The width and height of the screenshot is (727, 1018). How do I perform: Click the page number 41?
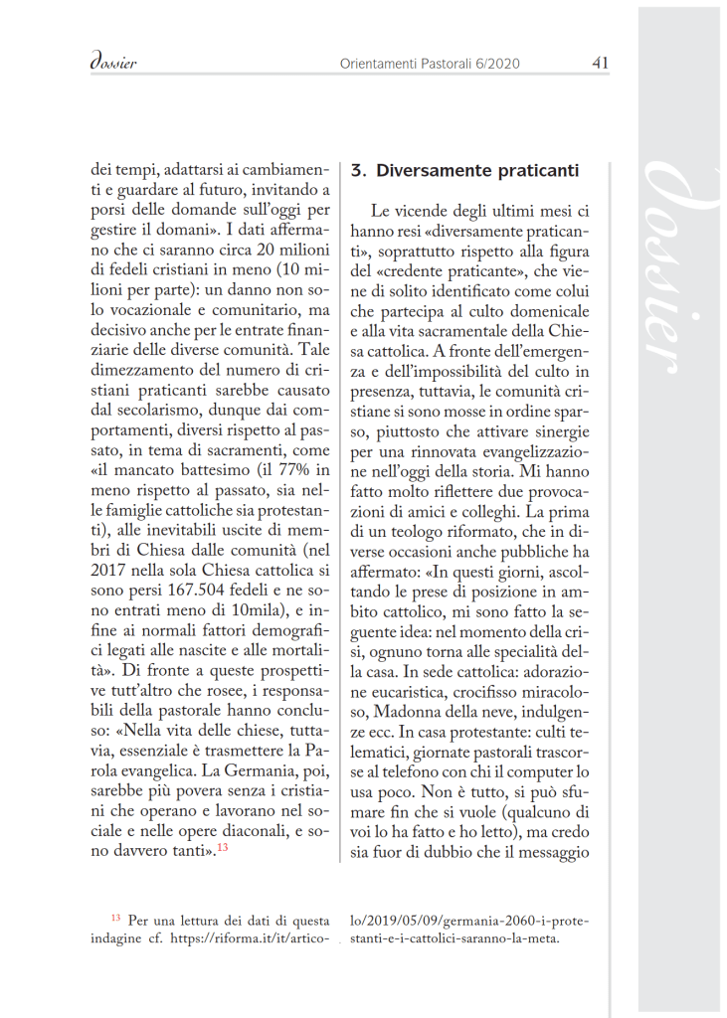pos(600,63)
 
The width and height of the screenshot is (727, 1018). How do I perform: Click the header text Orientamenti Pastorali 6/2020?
pos(430,64)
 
